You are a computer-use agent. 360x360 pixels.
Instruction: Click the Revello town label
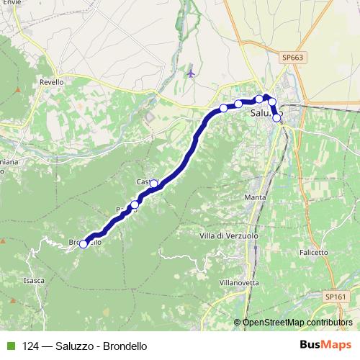tap(52, 82)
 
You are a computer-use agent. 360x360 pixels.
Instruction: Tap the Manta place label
tap(256, 197)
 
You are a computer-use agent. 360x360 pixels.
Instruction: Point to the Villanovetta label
tap(238, 283)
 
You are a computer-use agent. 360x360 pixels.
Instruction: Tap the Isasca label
tap(34, 279)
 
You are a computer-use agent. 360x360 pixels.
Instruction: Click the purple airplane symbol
tap(190, 72)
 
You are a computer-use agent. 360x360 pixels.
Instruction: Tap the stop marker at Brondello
tap(84, 244)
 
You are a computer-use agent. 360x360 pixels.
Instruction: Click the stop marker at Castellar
tap(153, 184)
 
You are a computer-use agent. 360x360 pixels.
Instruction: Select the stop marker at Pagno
tap(134, 205)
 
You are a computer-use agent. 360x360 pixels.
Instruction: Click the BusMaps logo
tap(325, 346)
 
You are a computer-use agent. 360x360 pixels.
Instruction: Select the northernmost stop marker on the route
tap(259, 99)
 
